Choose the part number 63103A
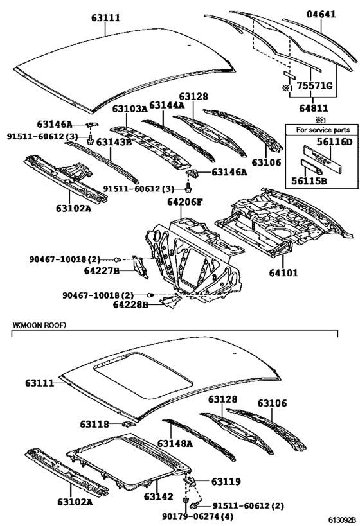click(130, 109)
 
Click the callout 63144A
click(166, 105)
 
